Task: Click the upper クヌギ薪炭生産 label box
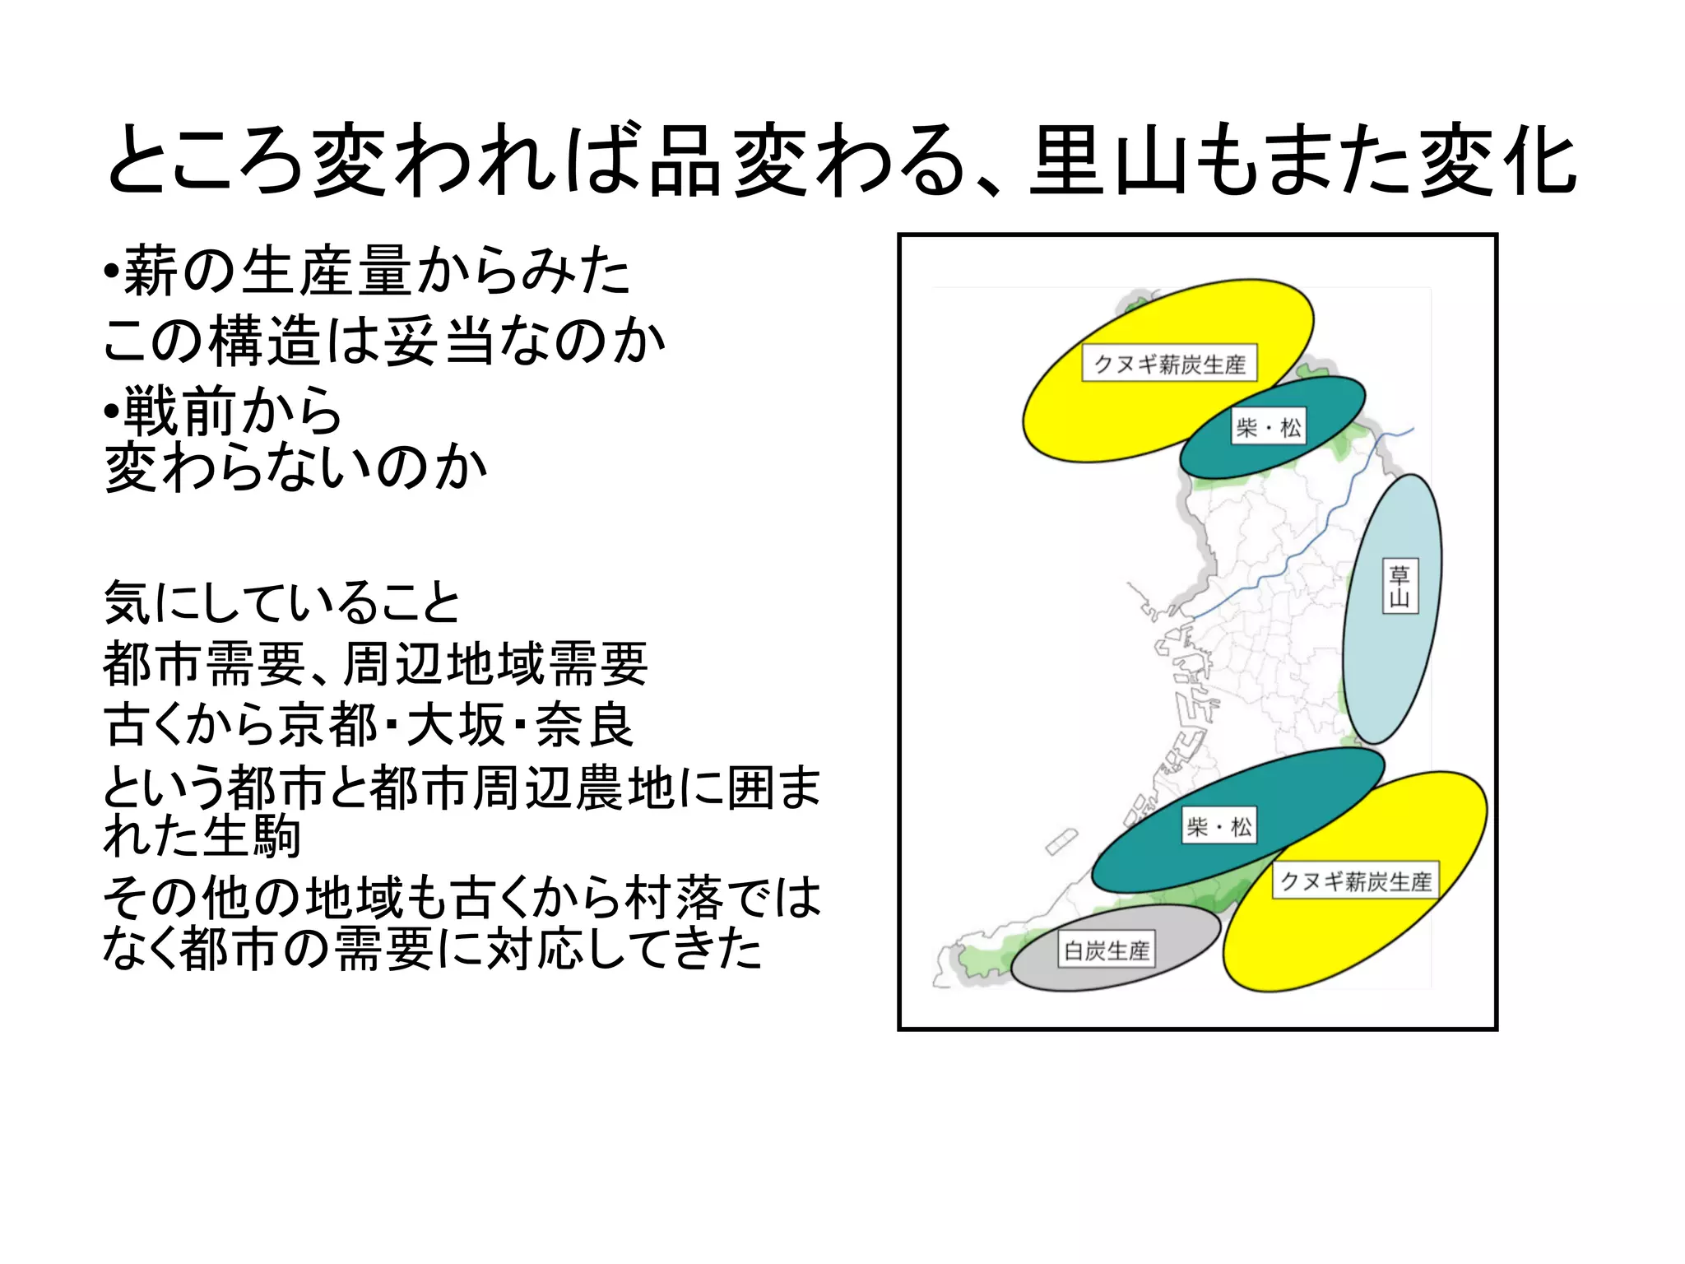pos(1169,363)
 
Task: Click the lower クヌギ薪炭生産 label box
pos(1356,881)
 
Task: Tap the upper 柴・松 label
pos(1268,427)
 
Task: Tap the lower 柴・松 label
pos(1219,826)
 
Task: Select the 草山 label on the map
pos(1400,586)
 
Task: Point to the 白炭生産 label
pos(1107,950)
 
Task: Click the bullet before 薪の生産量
pos(111,272)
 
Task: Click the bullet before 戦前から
pos(111,410)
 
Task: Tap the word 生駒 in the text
pos(251,837)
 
